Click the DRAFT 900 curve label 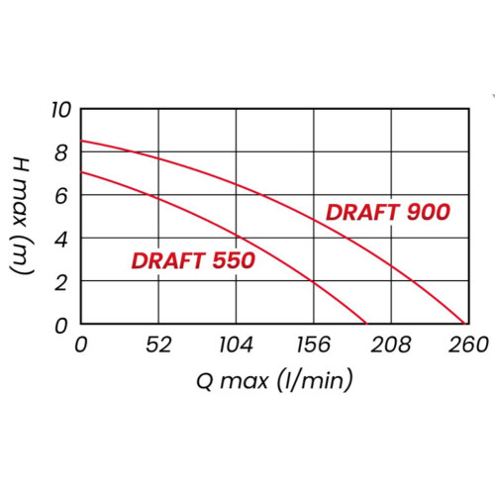pos(388,212)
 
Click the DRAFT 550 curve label pos(193,261)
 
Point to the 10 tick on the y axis pos(62,109)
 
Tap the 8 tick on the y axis pos(62,152)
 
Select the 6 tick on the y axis pos(62,195)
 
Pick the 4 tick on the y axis pos(62,239)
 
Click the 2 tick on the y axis pos(62,281)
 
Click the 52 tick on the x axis pos(158,345)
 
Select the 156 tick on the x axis pos(314,345)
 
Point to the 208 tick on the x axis pos(391,345)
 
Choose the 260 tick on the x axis pos(468,345)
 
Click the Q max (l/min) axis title pos(272,379)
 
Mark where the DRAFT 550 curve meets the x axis pos(365,324)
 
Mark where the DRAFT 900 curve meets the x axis pos(463,324)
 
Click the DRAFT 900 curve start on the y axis pos(81,141)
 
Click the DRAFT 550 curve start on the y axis pos(81,172)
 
